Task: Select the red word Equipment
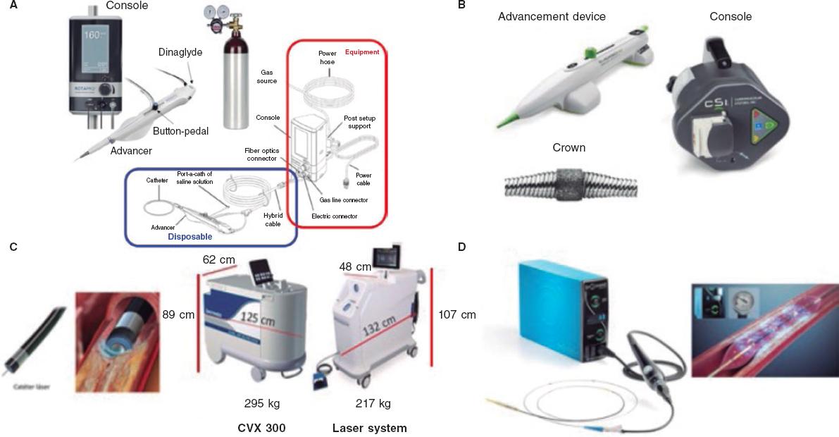tap(362, 51)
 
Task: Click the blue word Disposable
tap(189, 238)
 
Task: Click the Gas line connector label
tap(344, 201)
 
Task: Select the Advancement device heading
tap(552, 16)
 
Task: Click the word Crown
tap(568, 147)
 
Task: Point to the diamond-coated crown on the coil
tap(568, 181)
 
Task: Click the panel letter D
tap(461, 247)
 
